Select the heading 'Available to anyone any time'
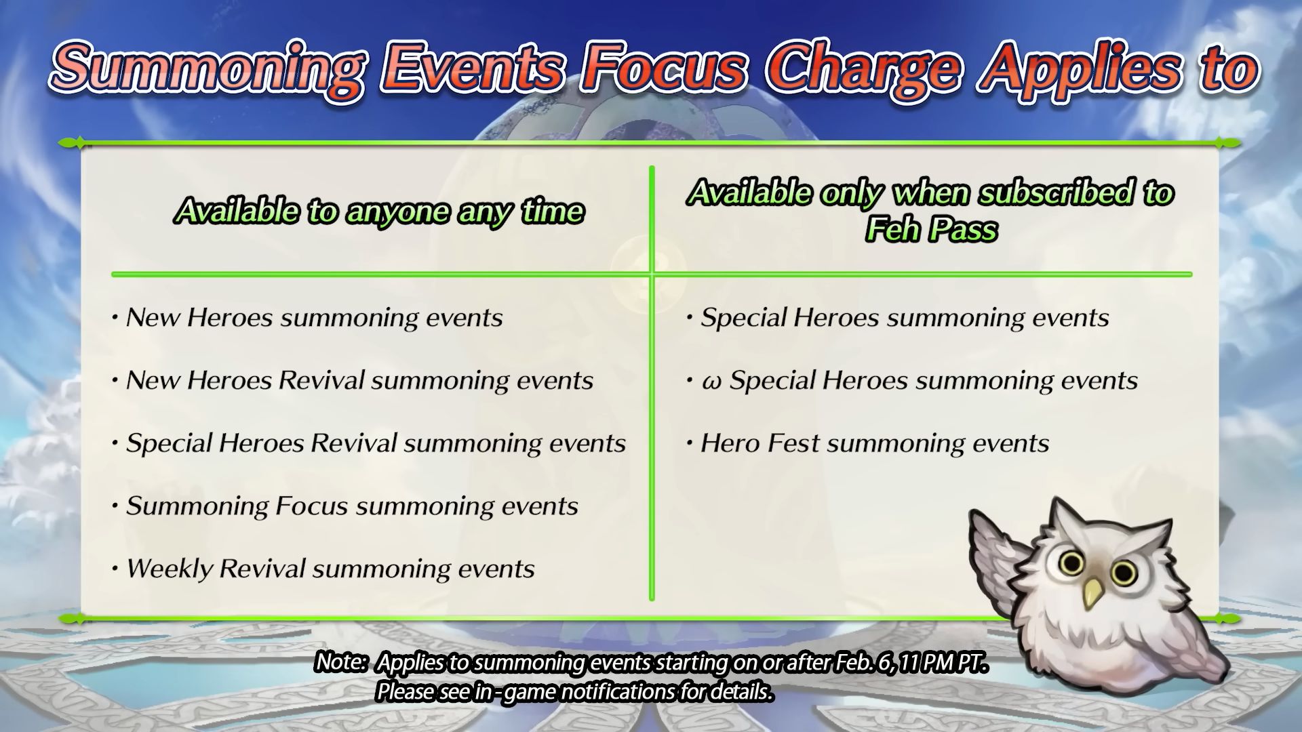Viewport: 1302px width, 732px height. tap(379, 211)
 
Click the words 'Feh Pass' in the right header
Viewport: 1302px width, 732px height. tap(931, 229)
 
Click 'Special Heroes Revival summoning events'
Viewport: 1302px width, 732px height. tap(369, 443)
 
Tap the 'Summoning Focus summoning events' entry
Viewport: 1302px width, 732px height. tap(345, 506)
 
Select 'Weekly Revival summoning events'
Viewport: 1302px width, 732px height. tap(323, 569)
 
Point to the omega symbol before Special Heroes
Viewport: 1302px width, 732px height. tap(711, 382)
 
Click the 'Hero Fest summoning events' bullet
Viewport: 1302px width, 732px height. tap(868, 443)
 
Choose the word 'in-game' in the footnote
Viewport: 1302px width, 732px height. tap(510, 692)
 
